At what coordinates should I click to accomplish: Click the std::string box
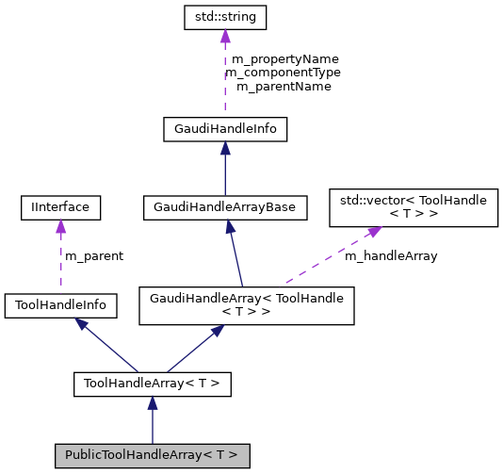click(x=224, y=17)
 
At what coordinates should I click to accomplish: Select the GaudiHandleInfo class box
click(x=224, y=129)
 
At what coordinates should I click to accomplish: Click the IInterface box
click(x=60, y=205)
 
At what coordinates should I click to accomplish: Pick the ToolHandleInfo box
click(x=60, y=305)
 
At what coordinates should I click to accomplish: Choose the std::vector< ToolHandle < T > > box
click(x=412, y=207)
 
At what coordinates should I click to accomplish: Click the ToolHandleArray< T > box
click(x=152, y=384)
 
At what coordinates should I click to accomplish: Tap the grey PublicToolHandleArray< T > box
click(x=152, y=455)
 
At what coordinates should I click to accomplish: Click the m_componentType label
click(x=283, y=73)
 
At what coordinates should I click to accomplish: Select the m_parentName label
click(x=283, y=87)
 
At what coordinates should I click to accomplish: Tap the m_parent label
click(x=93, y=255)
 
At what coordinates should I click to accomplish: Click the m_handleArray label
click(x=390, y=255)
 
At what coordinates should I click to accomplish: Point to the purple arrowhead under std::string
click(x=224, y=36)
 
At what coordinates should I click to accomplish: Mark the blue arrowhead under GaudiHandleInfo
click(x=224, y=148)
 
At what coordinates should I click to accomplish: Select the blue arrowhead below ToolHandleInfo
click(x=82, y=324)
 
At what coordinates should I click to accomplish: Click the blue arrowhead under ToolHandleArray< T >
click(x=152, y=402)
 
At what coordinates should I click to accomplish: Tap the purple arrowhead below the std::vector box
click(x=374, y=232)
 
